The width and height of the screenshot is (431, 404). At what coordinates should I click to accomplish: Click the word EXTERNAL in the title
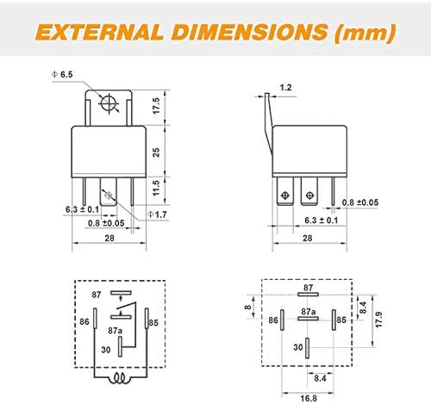click(x=99, y=32)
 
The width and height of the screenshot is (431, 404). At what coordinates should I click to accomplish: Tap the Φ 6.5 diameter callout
click(x=62, y=75)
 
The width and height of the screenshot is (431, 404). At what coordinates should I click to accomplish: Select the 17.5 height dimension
click(x=156, y=106)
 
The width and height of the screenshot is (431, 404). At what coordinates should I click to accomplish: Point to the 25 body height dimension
click(x=156, y=152)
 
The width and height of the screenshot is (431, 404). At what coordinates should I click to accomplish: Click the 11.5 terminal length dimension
click(x=156, y=188)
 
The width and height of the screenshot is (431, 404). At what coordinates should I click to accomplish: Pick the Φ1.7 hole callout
click(x=157, y=214)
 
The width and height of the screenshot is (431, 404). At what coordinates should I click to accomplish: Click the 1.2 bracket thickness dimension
click(x=285, y=87)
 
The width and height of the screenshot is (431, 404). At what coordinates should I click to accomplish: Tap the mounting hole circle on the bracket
click(x=109, y=103)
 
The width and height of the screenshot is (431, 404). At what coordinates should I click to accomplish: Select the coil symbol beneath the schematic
click(x=120, y=378)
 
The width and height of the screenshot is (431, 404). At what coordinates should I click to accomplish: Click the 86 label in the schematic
click(x=84, y=321)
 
